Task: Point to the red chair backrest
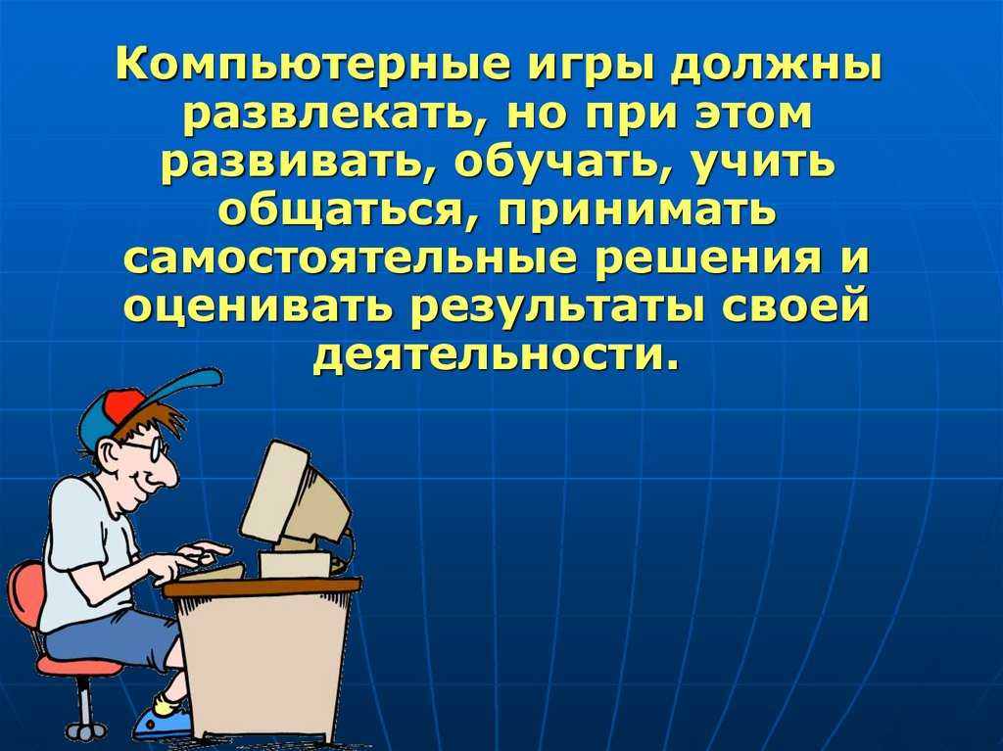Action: pyautogui.click(x=25, y=595)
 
